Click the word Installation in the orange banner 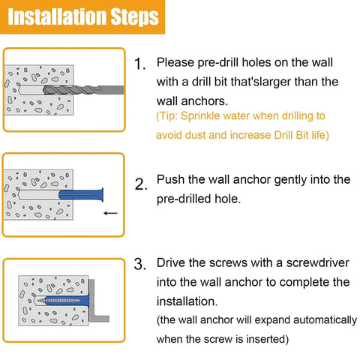[x=58, y=16]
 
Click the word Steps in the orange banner [x=133, y=16]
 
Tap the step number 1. [x=139, y=64]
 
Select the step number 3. [x=139, y=264]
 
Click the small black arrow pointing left [x=110, y=213]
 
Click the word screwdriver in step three [x=293, y=263]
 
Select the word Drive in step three [x=172, y=263]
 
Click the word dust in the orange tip [x=197, y=136]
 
